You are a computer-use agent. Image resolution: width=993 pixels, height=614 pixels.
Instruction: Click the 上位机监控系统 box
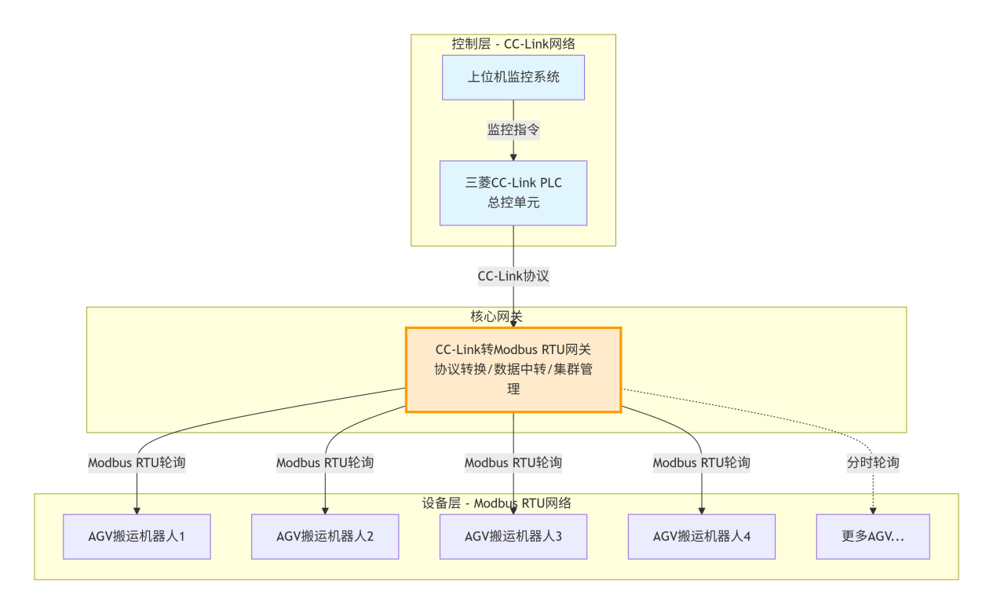pyautogui.click(x=513, y=77)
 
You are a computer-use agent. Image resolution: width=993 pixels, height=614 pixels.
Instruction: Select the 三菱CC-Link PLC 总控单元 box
pyautogui.click(x=513, y=192)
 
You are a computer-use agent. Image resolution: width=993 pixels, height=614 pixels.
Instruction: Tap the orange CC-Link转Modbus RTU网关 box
pyautogui.click(x=513, y=369)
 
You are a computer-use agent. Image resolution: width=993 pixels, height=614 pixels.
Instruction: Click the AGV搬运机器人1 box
pyautogui.click(x=137, y=537)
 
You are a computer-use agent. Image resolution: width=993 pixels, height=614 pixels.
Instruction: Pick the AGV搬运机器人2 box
pyautogui.click(x=325, y=537)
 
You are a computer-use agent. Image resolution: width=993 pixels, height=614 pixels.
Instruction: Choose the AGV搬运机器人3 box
pyautogui.click(x=513, y=537)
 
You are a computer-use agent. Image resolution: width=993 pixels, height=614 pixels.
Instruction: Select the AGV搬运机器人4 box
pyautogui.click(x=702, y=537)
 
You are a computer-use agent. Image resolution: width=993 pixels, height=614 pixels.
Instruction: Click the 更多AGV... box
pyautogui.click(x=873, y=537)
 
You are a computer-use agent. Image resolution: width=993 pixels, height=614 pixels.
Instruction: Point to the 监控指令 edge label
pyautogui.click(x=513, y=130)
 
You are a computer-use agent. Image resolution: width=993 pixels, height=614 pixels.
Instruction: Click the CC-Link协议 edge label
pyautogui.click(x=513, y=276)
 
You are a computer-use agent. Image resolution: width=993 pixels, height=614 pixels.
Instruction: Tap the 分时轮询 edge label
pyautogui.click(x=873, y=462)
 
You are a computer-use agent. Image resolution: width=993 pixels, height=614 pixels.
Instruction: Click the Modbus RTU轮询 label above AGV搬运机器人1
pyautogui.click(x=137, y=462)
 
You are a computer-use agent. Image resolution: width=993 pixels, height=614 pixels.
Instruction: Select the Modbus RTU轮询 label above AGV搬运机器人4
pyautogui.click(x=702, y=462)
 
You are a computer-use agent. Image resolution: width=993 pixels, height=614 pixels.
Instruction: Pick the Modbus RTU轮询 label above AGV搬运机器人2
pyautogui.click(x=325, y=462)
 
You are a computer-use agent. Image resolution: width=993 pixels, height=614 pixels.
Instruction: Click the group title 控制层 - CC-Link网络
pyautogui.click(x=513, y=44)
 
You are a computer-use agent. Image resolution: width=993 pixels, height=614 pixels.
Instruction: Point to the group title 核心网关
pyautogui.click(x=496, y=316)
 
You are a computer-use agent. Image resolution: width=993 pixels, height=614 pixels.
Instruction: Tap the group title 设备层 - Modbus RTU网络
pyautogui.click(x=496, y=503)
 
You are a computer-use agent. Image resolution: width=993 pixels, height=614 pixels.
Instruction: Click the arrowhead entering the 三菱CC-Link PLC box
pyautogui.click(x=513, y=157)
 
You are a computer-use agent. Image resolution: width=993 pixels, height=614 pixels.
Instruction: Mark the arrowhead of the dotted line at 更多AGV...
pyautogui.click(x=873, y=510)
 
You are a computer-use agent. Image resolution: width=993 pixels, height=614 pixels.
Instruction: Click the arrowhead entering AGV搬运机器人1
pyautogui.click(x=137, y=510)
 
